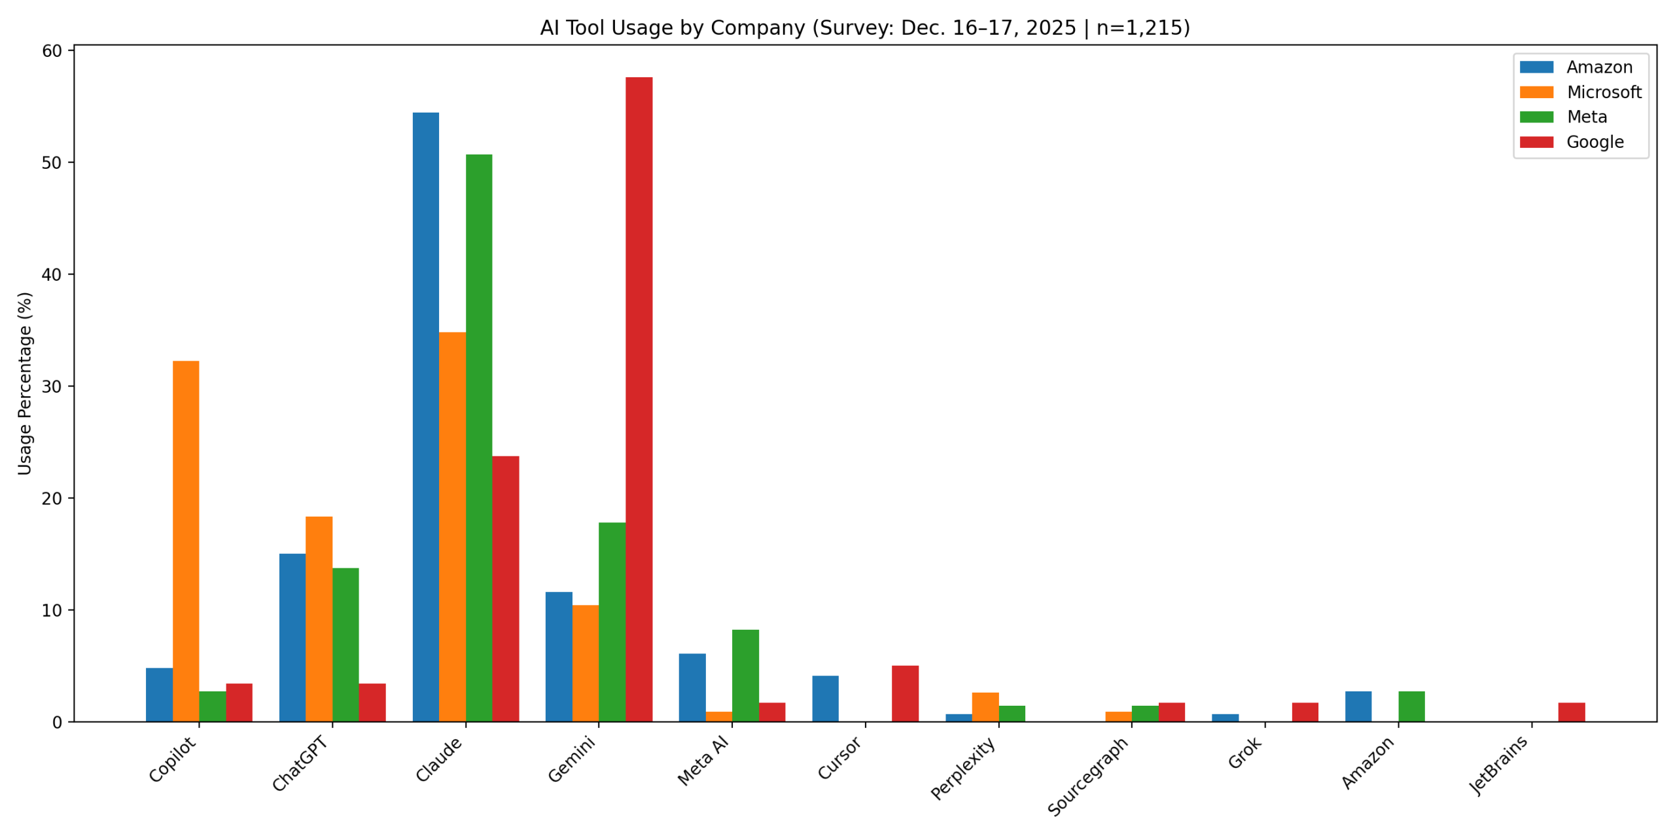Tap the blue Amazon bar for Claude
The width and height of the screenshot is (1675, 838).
tap(425, 416)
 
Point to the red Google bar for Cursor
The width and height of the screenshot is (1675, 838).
tap(904, 693)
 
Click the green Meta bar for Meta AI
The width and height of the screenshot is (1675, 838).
tap(745, 675)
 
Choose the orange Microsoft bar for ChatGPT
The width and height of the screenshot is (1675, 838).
tap(319, 618)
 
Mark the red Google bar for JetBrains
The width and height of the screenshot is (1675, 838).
tap(1571, 712)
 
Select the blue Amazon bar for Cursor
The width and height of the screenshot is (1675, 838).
tap(824, 698)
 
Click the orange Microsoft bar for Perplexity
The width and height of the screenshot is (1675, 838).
tap(985, 706)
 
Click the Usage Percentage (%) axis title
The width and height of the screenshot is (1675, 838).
tap(25, 383)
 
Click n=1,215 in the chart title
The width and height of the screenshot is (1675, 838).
tap(1143, 28)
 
